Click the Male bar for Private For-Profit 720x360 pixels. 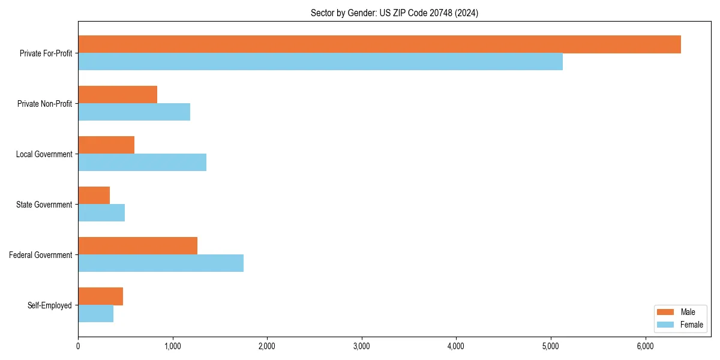pyautogui.click(x=379, y=44)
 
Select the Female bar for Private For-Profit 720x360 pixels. pyautogui.click(x=320, y=62)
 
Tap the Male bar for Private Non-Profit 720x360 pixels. pyautogui.click(x=118, y=95)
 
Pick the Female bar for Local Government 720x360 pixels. pyautogui.click(x=142, y=163)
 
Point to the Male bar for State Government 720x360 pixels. pyautogui.click(x=94, y=196)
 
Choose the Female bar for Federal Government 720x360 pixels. pyautogui.click(x=161, y=263)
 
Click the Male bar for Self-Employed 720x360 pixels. pyautogui.click(x=101, y=296)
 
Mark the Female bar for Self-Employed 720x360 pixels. pyautogui.click(x=96, y=314)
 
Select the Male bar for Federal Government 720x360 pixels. pyautogui.click(x=138, y=246)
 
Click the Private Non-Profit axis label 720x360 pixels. pyautogui.click(x=44, y=104)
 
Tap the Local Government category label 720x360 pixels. pyautogui.click(x=44, y=154)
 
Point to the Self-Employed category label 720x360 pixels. pyautogui.click(x=49, y=305)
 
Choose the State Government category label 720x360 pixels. pyautogui.click(x=44, y=205)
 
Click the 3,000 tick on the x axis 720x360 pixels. pyautogui.click(x=362, y=346)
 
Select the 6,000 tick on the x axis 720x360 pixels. pyautogui.click(x=645, y=346)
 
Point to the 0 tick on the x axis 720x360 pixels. pyautogui.click(x=78, y=346)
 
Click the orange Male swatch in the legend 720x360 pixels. pyautogui.click(x=666, y=312)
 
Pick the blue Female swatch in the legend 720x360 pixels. pyautogui.click(x=666, y=325)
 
